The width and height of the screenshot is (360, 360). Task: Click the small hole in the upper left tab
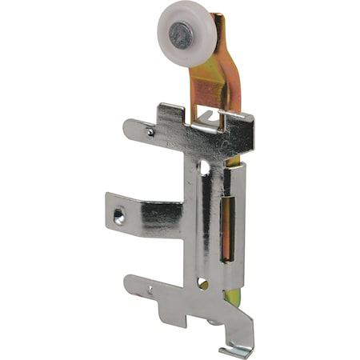point(150,130)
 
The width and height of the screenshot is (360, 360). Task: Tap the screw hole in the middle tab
point(119,216)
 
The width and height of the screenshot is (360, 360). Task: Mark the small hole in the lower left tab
point(150,290)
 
